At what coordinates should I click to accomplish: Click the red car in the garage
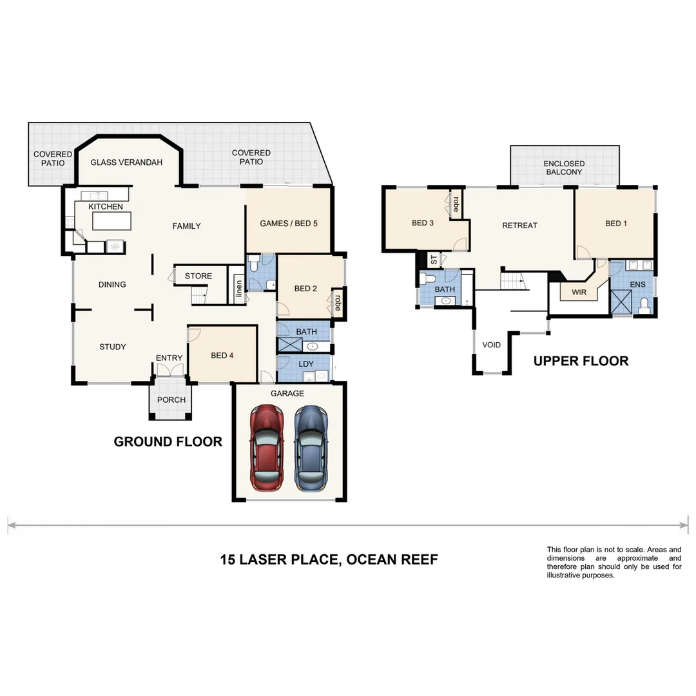267,449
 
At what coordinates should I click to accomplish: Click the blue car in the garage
310,449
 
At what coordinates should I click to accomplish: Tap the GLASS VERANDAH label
126,162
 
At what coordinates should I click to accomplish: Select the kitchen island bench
111,221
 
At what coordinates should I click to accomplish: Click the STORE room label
198,276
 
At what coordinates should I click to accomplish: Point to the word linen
238,288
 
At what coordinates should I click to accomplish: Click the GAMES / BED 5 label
289,224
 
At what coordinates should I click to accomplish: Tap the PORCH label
171,400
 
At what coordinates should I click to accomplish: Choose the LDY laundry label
307,364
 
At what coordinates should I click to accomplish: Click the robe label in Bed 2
337,303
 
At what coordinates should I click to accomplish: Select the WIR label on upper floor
579,293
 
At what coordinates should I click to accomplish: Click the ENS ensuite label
637,284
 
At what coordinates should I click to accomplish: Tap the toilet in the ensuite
644,306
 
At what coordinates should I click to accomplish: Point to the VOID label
492,345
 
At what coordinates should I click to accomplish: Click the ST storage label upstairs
434,260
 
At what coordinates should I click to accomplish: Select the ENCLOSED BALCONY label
564,168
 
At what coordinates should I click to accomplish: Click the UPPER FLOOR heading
581,361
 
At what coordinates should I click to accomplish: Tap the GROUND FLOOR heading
168,441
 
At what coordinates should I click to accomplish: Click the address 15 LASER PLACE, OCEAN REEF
329,559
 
